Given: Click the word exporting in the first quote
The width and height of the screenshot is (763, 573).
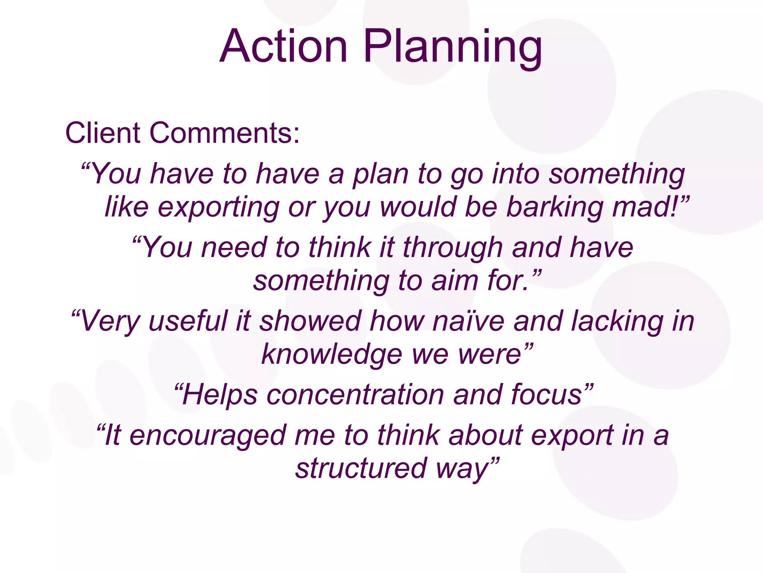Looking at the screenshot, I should pos(218,207).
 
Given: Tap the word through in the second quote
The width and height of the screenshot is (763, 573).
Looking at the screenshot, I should pos(453,248).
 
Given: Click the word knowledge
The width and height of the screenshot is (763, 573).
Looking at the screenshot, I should pos(332,354).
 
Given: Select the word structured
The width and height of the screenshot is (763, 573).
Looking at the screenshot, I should pos(361,469).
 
